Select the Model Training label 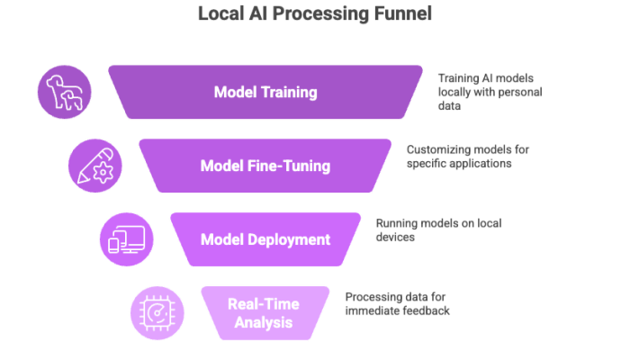point(265,92)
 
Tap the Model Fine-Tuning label point(265,166)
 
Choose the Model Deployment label point(265,239)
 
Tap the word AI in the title point(255,15)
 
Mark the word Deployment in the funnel point(287,239)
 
